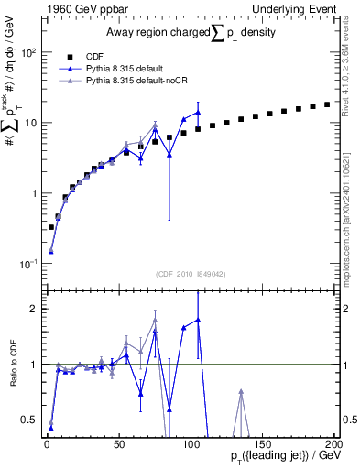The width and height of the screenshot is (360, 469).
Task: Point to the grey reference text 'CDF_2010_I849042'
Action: (184, 271)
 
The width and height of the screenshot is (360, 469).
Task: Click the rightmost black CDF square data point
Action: (327, 104)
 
